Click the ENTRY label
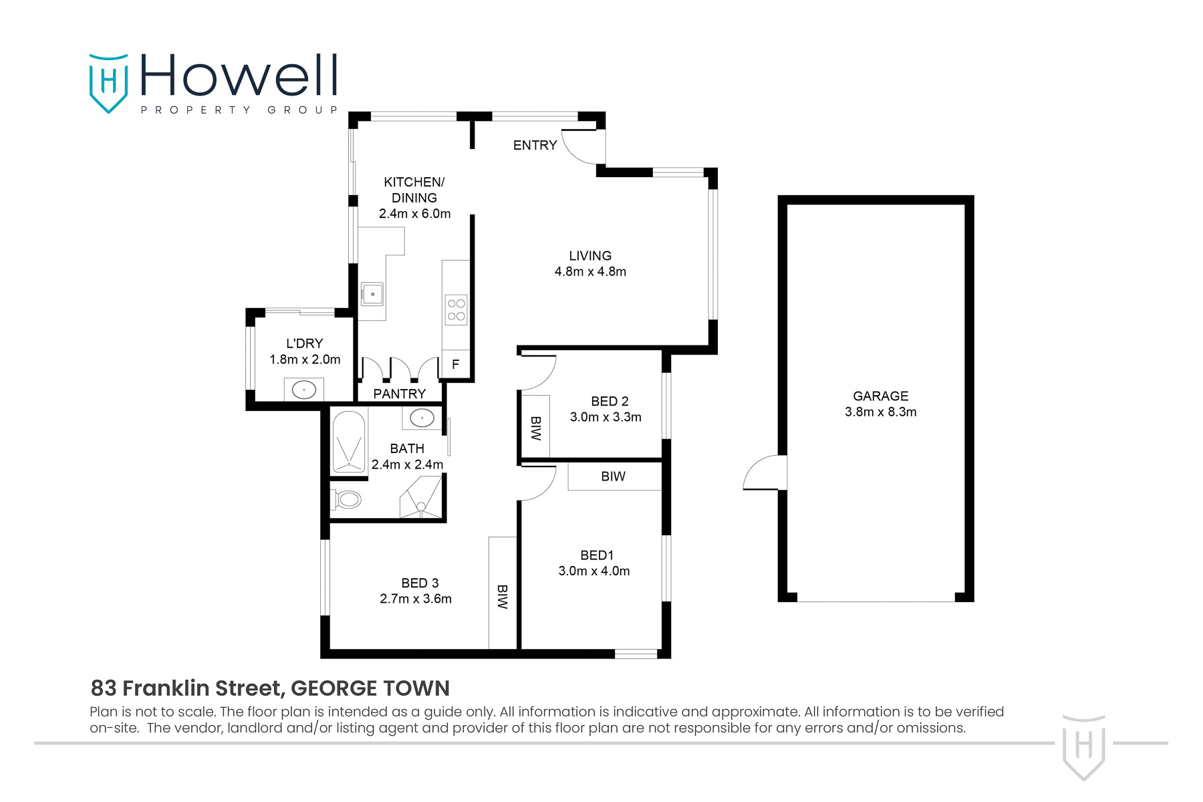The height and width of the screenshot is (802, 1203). point(535,145)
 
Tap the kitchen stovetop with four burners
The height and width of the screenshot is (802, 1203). point(456,309)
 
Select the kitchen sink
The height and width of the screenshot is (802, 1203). point(372,293)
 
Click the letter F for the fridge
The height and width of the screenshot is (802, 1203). point(456,365)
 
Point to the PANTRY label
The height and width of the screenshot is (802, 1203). point(399,394)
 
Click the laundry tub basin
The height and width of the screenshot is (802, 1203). point(304,390)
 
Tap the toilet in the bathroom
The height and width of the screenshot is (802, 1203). point(348,499)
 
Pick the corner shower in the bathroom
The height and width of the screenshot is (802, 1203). point(422,497)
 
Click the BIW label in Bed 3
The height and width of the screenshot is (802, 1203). point(503,597)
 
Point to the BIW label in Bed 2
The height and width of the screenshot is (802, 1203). point(535,428)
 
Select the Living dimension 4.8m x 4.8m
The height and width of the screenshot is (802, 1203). point(590,271)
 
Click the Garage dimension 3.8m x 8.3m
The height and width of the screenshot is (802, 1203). point(880,412)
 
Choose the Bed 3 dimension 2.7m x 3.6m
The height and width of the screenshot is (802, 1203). point(416,599)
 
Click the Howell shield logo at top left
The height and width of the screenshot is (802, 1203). point(108,83)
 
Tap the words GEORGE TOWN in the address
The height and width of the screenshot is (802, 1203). point(370,688)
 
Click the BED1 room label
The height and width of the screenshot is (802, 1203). point(596,555)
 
